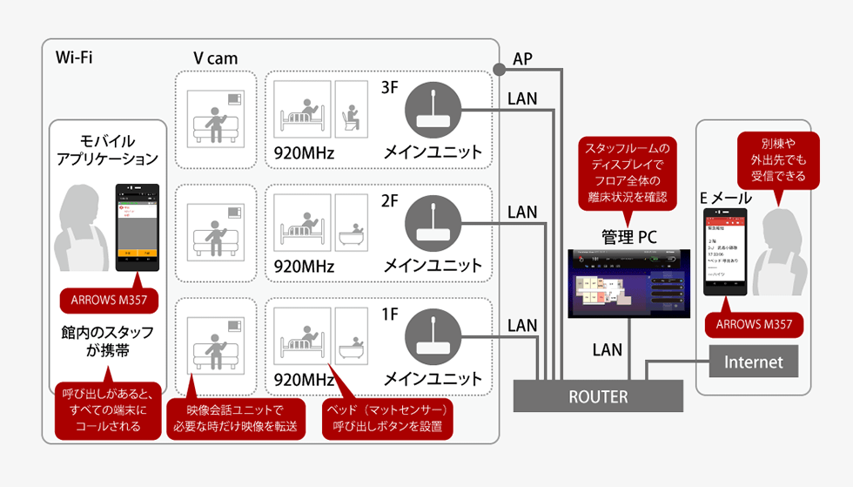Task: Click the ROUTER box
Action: click(598, 396)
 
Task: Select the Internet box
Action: click(754, 362)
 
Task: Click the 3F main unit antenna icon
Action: click(433, 109)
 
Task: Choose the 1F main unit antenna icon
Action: click(433, 337)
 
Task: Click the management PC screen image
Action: click(625, 285)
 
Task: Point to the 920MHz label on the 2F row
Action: click(304, 267)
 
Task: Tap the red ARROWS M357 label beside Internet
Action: click(754, 325)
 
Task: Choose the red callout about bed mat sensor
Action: click(386, 418)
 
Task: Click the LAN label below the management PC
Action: click(607, 349)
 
